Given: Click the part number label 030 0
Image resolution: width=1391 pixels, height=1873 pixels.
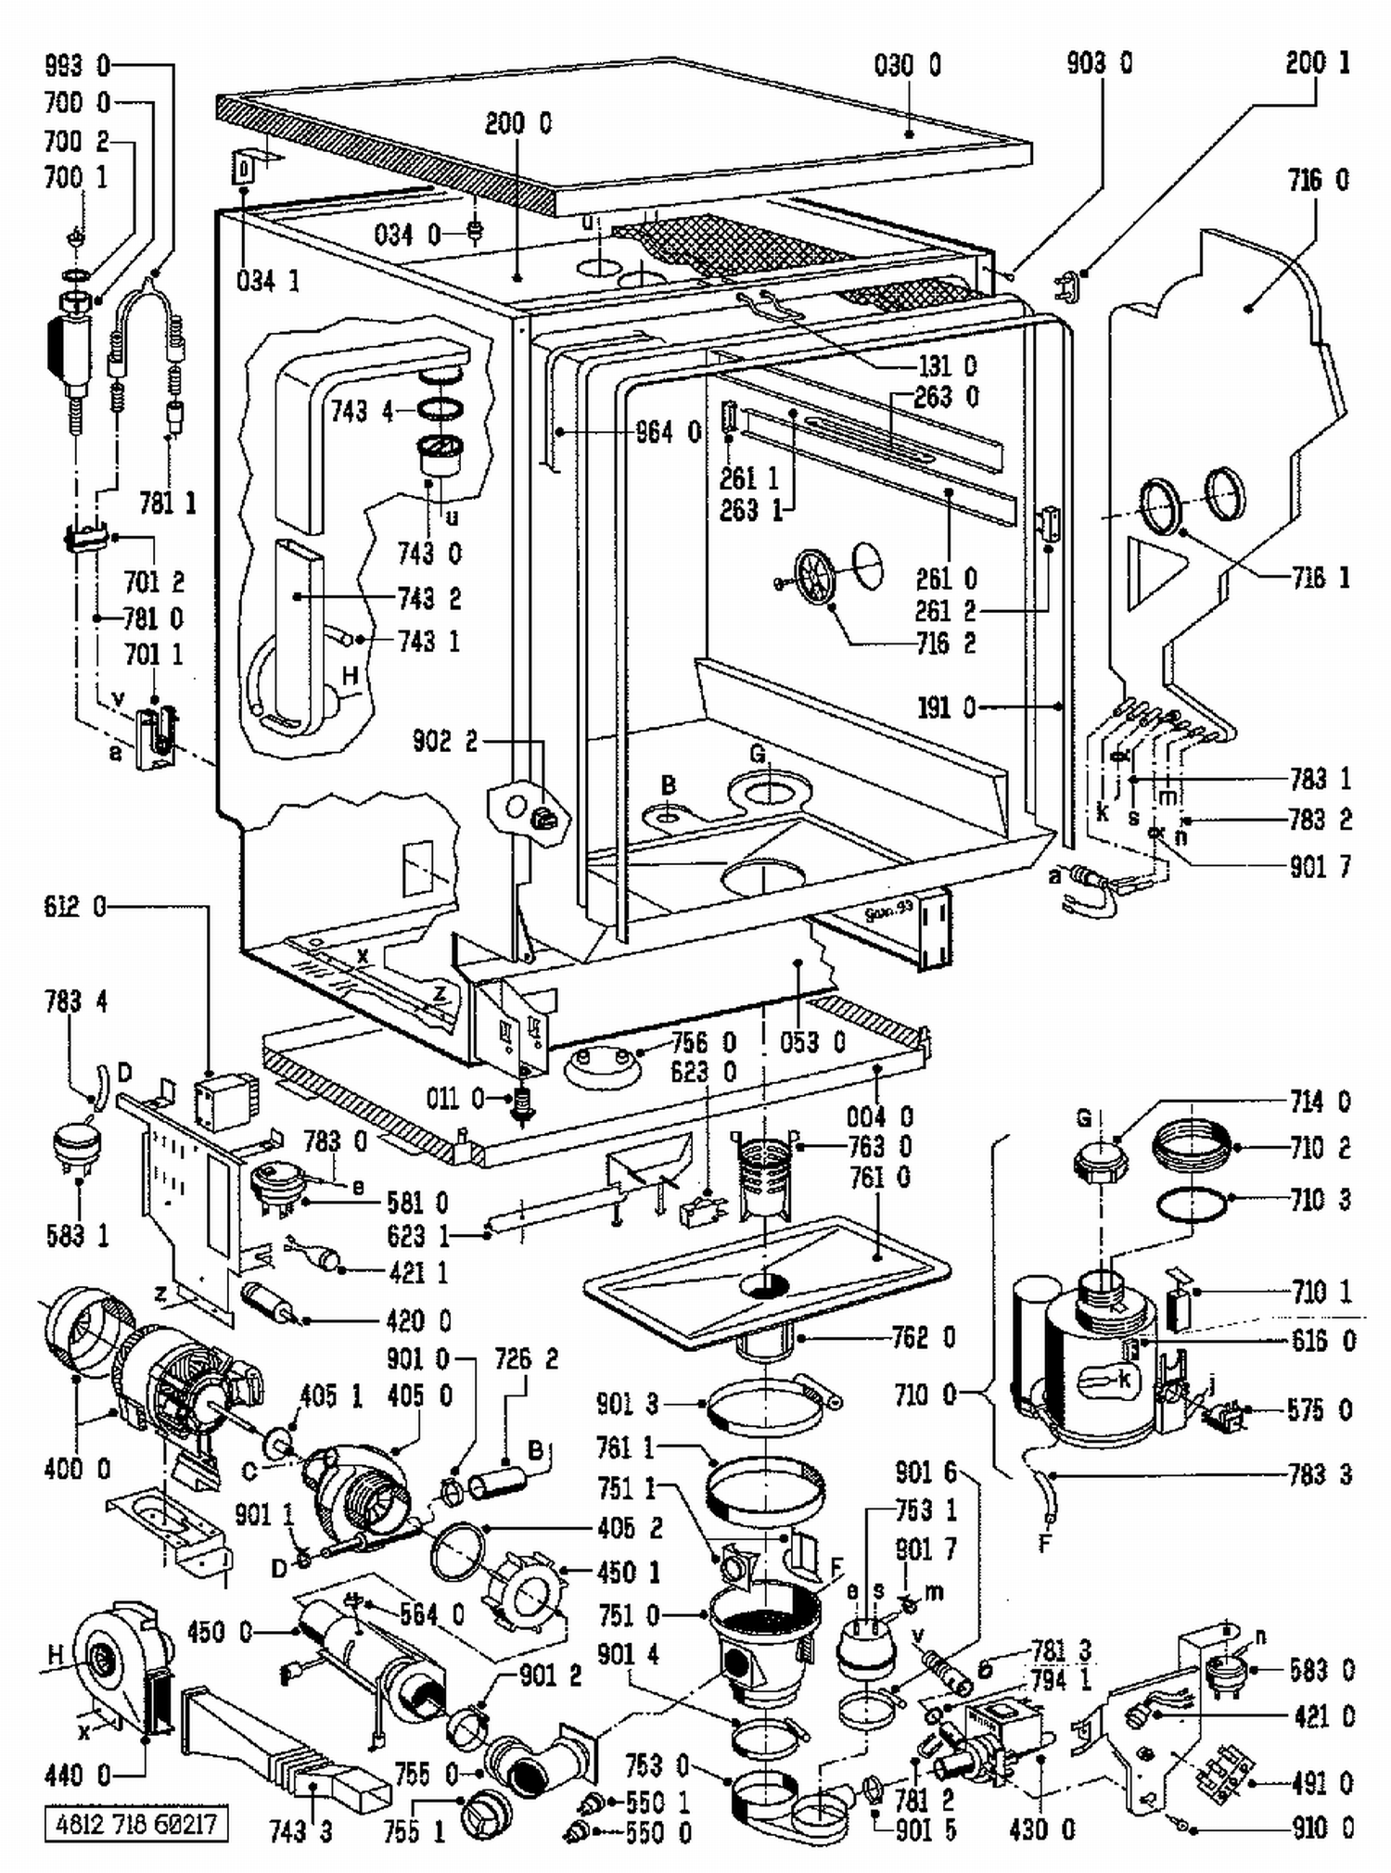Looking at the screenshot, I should coord(907,65).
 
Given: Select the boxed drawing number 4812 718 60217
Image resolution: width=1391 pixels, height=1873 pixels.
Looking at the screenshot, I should coord(135,1825).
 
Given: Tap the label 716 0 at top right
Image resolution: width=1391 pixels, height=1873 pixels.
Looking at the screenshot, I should coord(1318,180).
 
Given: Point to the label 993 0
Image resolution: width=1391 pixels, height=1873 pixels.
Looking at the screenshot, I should coord(77,65).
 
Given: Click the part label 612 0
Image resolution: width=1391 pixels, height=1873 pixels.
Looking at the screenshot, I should coord(75,907).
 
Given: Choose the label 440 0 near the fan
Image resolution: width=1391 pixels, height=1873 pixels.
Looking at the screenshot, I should coord(77,1776).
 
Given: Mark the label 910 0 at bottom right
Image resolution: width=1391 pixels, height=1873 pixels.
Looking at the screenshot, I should coord(1321,1828).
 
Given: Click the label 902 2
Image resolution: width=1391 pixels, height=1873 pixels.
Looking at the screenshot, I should coord(445,741).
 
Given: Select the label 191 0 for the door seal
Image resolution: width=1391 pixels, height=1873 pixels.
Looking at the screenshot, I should coord(947,707).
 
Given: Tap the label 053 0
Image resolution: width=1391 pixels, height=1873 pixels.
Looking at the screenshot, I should coord(812,1042).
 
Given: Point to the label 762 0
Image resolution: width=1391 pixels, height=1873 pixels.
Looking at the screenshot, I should coord(923,1337).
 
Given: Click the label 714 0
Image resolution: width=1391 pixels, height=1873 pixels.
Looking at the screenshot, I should coord(1321,1102).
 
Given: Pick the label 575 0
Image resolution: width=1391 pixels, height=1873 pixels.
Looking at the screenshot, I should coord(1321,1410).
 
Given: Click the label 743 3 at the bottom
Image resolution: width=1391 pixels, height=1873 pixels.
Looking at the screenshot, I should coord(300,1831).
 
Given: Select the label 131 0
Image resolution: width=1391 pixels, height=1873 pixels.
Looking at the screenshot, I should coord(947,365).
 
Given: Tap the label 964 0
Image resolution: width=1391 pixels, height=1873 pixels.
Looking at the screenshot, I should coord(668,432).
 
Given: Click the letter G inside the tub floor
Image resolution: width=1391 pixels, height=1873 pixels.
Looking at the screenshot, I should coord(758,754).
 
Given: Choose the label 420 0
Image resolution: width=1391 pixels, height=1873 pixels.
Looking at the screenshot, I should coord(418,1320).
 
